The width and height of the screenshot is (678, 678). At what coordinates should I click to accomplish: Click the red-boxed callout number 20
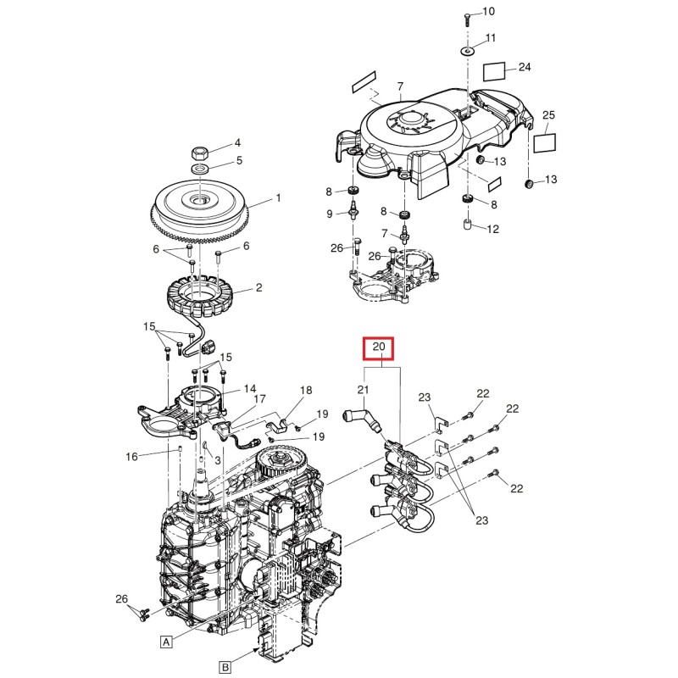379,348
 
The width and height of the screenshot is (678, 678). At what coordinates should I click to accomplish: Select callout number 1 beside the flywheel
275,200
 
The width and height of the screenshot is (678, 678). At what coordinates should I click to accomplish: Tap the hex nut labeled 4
201,153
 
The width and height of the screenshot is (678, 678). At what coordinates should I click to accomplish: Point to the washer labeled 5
202,170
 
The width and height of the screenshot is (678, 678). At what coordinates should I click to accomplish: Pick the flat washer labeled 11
467,51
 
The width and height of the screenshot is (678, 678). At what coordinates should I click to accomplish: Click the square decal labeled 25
544,141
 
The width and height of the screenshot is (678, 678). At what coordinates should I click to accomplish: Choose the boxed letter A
166,642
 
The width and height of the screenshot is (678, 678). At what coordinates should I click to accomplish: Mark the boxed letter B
225,667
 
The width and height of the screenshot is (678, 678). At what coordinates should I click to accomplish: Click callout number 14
250,389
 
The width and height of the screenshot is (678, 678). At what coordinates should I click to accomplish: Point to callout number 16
132,457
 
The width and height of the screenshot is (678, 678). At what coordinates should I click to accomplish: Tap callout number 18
306,390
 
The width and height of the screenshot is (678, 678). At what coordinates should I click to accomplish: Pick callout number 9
331,214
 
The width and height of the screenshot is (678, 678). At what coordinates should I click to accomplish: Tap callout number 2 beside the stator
258,288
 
